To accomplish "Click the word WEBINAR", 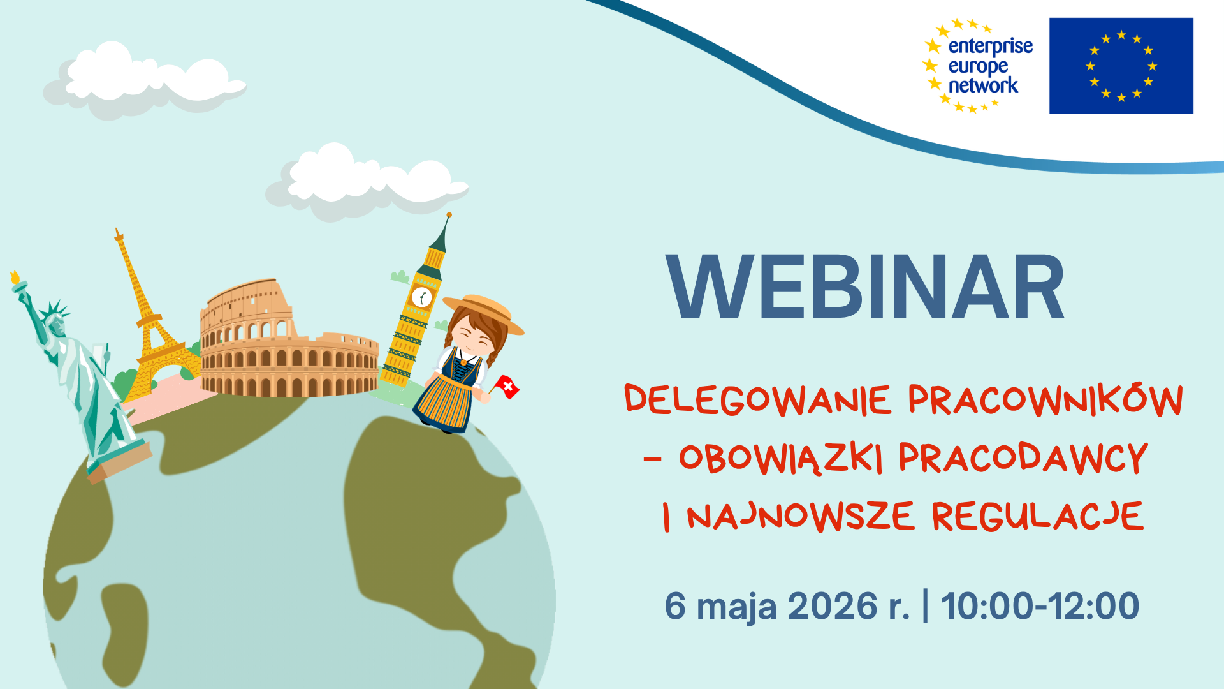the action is point(865,287).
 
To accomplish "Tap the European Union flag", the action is point(1121,66).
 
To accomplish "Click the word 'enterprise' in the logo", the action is point(990,47).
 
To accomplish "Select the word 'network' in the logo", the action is point(983,85).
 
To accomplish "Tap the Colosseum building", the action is point(289,339).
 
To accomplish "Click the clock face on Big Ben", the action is point(421,297).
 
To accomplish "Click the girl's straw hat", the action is point(484,312).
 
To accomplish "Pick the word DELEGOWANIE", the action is point(758,400).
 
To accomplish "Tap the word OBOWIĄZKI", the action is point(781,458).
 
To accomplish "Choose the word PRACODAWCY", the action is point(1023,457).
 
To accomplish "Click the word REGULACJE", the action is point(1038,516).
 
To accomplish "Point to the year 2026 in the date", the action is point(833,605).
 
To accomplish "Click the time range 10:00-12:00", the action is point(1040,605).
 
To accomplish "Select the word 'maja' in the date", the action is point(737,607).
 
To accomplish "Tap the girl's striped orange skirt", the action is point(446,402).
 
